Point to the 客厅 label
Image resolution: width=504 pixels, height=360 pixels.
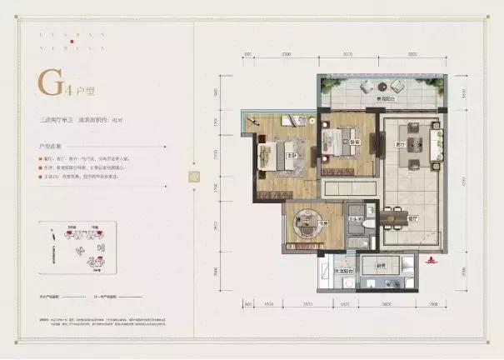(402, 146)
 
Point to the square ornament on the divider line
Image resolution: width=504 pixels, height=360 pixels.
(194, 177)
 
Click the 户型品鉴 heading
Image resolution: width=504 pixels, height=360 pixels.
(51, 144)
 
